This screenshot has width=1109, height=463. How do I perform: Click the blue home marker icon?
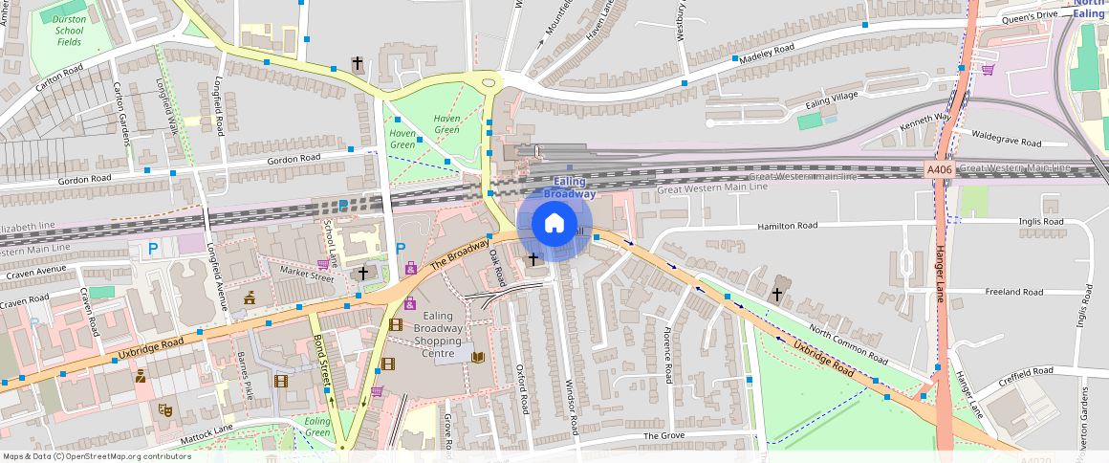point(554,224)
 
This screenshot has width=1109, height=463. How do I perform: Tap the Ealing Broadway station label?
point(570,187)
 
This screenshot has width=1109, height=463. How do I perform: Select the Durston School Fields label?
point(69,31)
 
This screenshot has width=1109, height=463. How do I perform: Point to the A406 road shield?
point(940,169)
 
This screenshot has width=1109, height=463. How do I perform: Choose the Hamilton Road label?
point(787,226)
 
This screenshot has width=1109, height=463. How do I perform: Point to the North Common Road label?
point(847,345)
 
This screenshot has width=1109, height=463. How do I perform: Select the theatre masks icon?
point(165,410)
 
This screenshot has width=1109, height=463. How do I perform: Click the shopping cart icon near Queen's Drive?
point(988,69)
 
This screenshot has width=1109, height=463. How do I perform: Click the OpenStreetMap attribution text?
point(97,456)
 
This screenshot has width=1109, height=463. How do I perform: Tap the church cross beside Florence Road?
point(777,294)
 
